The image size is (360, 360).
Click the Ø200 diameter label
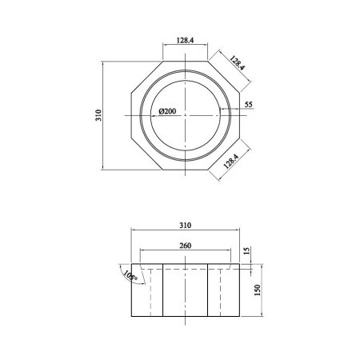pyautogui.click(x=168, y=111)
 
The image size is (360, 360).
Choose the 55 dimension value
pyautogui.click(x=248, y=105)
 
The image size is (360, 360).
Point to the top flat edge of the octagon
pyautogui.click(x=185, y=59)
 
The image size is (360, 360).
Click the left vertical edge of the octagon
pyautogui.click(x=130, y=115)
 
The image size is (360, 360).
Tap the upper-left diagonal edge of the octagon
pyautogui.click(x=146, y=75)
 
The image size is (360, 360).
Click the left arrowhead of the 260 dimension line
pyautogui.click(x=142, y=250)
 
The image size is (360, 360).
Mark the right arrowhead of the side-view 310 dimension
pyautogui.click(x=238, y=230)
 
